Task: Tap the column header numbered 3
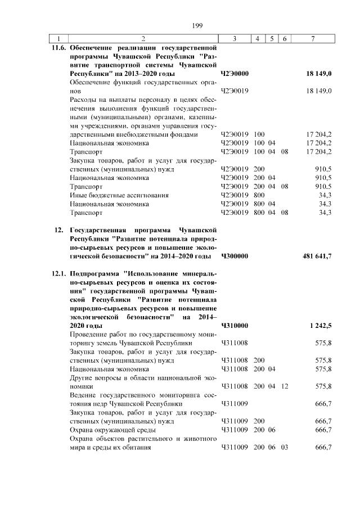[x=233, y=39]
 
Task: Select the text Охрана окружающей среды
[x=106, y=430]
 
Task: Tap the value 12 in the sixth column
[x=285, y=386]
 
